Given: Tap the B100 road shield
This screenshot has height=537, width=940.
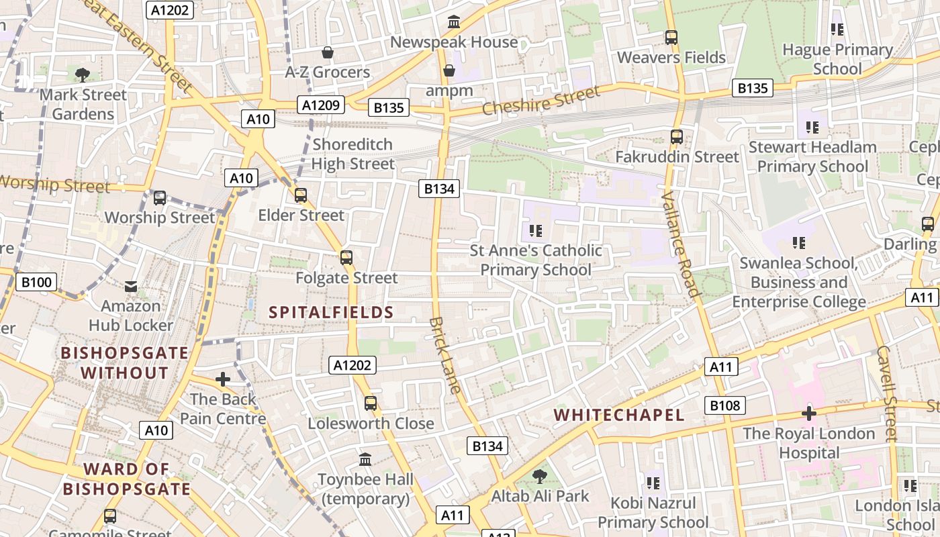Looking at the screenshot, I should click(36, 282).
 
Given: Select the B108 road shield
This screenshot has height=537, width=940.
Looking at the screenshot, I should click(725, 405).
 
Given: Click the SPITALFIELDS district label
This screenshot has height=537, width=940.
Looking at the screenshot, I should click(331, 312).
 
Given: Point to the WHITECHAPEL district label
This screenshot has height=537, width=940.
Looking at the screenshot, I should click(619, 415).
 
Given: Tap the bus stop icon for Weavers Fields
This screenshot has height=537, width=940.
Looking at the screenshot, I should click(671, 38).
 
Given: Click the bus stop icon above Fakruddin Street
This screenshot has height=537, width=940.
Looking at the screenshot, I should click(677, 137).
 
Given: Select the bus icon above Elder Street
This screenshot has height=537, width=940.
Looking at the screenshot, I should click(301, 195).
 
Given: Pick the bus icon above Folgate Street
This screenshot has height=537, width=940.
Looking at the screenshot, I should click(346, 258).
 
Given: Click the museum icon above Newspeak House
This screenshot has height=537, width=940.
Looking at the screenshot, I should click(454, 22).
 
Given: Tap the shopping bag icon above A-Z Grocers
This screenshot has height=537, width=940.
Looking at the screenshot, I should click(328, 52).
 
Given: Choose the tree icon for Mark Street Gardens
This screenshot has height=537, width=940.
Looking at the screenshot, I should click(83, 75).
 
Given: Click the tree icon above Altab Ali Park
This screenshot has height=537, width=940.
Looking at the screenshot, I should click(539, 477).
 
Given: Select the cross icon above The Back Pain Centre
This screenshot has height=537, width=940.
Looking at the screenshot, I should click(223, 379).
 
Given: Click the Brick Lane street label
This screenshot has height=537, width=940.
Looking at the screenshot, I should click(445, 355).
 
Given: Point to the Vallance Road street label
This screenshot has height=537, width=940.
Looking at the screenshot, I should click(680, 243).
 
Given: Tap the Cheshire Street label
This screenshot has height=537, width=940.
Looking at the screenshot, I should click(540, 101).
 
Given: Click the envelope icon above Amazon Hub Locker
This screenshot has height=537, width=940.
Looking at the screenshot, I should click(131, 287).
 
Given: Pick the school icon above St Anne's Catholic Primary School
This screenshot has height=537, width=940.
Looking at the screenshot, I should click(535, 231).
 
